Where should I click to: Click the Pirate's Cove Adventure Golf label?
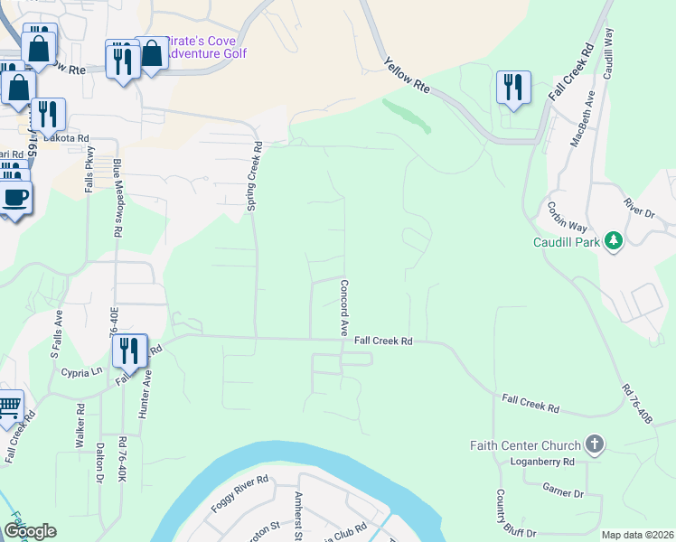point(207,47)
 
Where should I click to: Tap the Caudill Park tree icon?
point(615,240)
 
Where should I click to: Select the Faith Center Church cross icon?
point(594,444)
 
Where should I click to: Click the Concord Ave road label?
point(344,308)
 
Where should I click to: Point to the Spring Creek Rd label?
point(256,176)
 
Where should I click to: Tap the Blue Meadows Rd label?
point(117,197)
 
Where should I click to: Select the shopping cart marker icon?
point(9,406)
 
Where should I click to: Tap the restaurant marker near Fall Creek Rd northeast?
point(512,88)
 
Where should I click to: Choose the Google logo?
point(30,532)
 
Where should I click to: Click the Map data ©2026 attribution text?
point(636,535)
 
